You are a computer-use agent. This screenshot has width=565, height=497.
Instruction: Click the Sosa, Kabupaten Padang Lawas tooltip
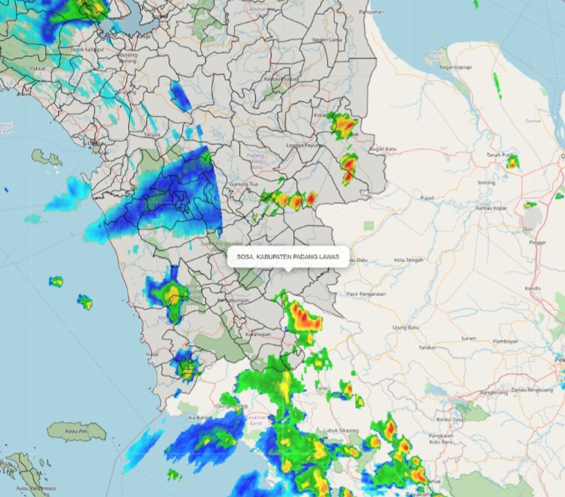(288, 256)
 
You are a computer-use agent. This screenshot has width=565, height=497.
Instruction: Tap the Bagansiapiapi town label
(455, 68)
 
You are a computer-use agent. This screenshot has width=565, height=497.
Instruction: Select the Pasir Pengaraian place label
(366, 294)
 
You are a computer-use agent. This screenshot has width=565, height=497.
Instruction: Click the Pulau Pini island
(76, 431)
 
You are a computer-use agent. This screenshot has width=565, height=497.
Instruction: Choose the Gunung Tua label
(244, 184)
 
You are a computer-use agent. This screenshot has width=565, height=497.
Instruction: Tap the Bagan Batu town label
(383, 149)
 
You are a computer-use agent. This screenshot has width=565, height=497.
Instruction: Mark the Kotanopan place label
(257, 334)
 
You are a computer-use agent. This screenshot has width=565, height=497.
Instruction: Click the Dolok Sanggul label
(87, 49)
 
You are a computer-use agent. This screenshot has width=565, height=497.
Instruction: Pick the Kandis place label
(533, 288)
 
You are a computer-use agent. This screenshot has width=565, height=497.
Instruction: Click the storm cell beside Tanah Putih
(512, 163)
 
